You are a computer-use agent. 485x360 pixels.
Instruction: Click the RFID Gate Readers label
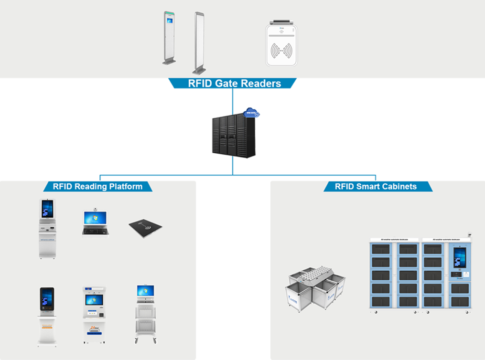pos(234,84)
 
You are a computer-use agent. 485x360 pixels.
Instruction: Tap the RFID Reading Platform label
pos(97,186)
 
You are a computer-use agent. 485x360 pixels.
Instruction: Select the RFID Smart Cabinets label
pos(376,187)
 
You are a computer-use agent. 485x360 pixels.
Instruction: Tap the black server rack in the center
pos(233,136)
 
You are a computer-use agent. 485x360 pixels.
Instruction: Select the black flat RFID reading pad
pos(146,228)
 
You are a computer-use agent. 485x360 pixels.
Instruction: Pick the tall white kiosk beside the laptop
pos(47,228)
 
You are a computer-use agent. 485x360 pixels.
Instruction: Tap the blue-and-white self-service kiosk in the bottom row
pos(94,315)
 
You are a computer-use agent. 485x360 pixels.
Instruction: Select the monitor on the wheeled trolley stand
pos(145,292)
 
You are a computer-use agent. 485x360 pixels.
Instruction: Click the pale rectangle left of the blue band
pos(70,153)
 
